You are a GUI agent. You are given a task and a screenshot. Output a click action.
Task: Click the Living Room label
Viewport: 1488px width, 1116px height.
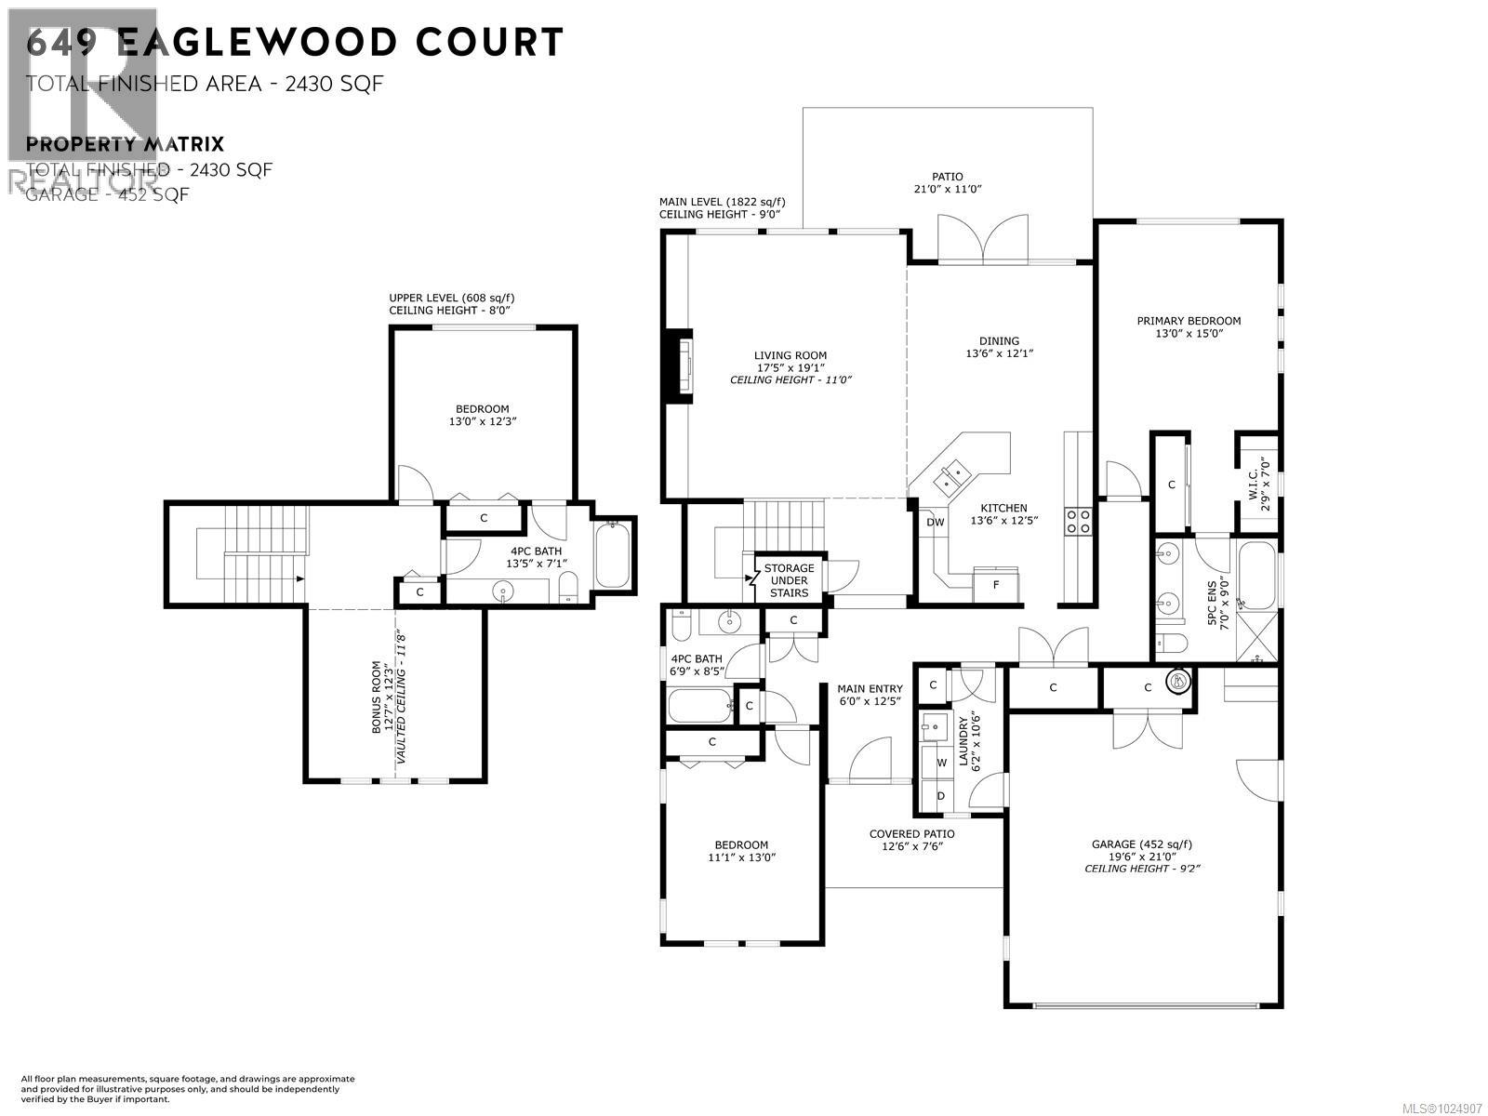point(790,355)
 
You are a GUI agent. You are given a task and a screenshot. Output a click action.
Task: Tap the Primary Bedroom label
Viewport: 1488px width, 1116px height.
point(1189,321)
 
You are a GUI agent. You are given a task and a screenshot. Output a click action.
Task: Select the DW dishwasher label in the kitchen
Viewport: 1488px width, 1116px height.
point(935,523)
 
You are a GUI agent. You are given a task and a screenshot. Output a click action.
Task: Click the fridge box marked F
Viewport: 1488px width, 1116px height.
point(996,585)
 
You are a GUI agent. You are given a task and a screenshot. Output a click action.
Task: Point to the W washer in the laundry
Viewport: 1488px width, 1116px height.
point(941,763)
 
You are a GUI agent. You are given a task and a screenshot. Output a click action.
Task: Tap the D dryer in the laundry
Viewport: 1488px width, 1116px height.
point(941,796)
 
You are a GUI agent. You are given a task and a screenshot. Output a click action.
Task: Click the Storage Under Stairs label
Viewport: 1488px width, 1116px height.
point(789,580)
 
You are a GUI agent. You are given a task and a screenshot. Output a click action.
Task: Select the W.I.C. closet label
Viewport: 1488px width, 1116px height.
point(1254,483)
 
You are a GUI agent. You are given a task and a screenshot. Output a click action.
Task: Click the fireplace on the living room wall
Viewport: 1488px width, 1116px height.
point(680,366)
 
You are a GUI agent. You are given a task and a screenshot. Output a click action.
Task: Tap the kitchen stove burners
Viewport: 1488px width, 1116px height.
point(1080,520)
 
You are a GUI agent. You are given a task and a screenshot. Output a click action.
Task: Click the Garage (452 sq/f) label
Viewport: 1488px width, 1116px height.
point(1141,844)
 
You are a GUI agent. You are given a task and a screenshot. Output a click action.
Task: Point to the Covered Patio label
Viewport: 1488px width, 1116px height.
point(911,834)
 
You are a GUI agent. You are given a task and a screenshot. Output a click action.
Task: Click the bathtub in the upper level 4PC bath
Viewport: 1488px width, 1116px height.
point(612,554)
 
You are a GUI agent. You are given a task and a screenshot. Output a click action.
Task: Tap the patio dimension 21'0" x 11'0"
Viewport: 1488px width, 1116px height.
point(948,189)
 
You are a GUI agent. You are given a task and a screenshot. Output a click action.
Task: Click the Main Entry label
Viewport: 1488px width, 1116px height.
point(870,689)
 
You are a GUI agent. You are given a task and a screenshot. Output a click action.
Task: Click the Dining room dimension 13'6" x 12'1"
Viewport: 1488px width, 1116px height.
point(999,353)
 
